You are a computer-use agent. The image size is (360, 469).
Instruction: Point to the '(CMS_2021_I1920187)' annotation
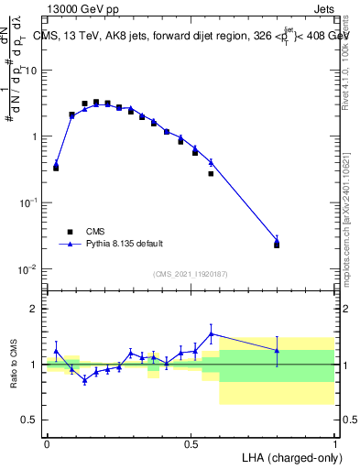[x=190, y=274]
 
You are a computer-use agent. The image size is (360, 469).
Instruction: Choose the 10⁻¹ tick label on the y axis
[x=28, y=202]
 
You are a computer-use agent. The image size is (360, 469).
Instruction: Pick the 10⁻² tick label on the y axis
[x=28, y=269]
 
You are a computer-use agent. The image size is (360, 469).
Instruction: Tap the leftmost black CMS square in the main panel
[x=56, y=168]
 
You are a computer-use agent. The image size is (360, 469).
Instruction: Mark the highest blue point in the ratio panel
[x=212, y=334]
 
